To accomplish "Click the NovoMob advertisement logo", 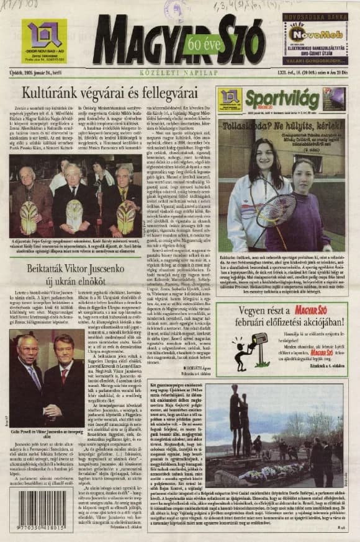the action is click(x=316, y=33).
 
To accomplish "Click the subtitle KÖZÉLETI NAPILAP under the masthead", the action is click(x=179, y=71).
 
